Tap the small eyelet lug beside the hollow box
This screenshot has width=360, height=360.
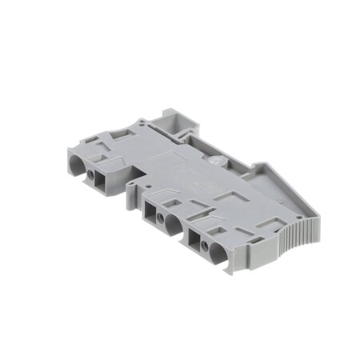coord(142,124)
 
